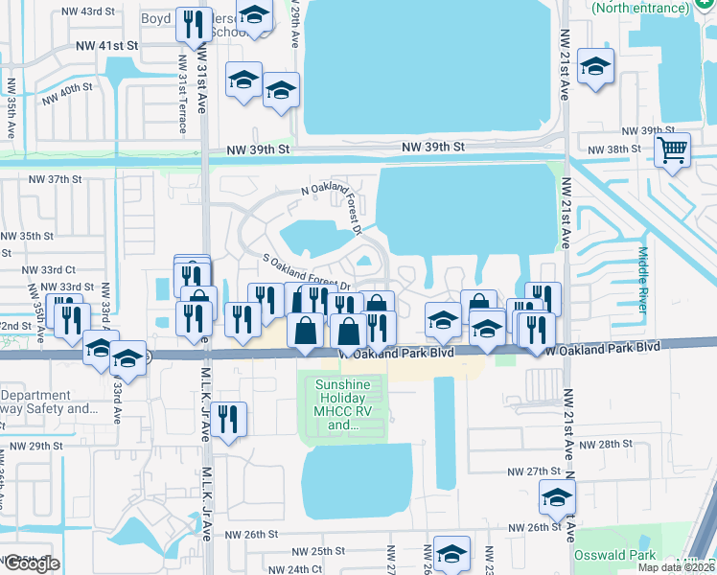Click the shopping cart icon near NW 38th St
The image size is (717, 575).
(673, 149)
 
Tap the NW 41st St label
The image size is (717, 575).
(106, 45)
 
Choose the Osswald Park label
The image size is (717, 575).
(614, 555)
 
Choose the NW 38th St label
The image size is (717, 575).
(614, 149)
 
